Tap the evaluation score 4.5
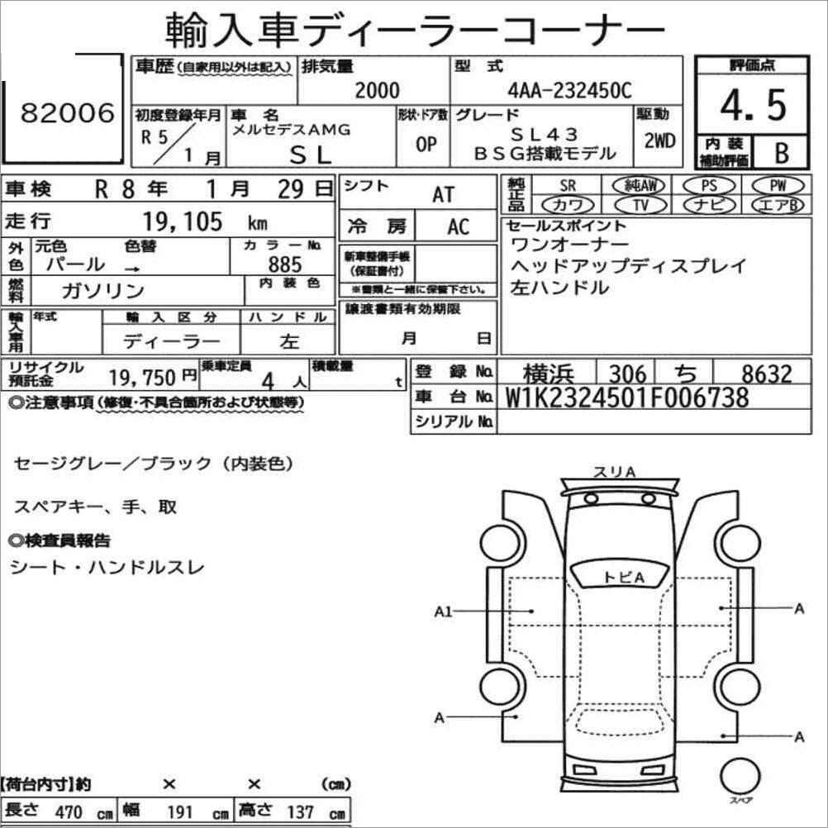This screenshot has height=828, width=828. click(753, 105)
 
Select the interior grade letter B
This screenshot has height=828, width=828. click(782, 153)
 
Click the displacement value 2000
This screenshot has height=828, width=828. click(377, 90)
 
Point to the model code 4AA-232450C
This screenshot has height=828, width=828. click(569, 90)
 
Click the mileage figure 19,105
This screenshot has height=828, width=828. click(183, 221)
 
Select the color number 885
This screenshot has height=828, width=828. click(285, 264)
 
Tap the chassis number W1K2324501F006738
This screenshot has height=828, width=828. click(627, 397)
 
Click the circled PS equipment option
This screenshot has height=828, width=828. click(709, 185)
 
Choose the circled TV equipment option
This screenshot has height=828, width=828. click(640, 204)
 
